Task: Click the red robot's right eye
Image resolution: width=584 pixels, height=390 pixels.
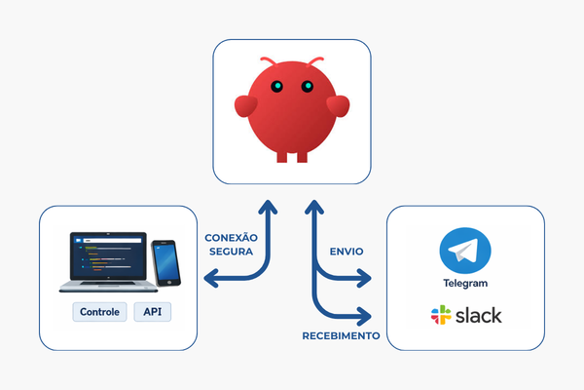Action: pos(306,87)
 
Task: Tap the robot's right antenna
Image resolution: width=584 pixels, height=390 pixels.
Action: pos(315,65)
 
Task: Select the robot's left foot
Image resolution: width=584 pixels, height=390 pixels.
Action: pos(281,156)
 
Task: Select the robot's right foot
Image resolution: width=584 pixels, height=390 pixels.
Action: pos(302,156)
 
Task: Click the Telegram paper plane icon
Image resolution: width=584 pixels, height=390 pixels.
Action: pos(463,252)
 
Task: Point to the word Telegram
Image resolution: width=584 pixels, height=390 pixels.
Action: pos(463,284)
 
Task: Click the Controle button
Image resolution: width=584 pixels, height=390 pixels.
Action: pos(101,312)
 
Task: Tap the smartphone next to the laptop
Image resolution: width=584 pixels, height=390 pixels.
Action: pos(166,264)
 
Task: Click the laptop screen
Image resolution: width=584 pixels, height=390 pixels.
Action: pos(107,257)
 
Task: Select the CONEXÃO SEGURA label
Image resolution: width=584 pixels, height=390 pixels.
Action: pos(231,244)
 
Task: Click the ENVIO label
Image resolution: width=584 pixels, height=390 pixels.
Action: pos(347,251)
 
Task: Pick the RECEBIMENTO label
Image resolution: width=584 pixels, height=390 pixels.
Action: pos(340,335)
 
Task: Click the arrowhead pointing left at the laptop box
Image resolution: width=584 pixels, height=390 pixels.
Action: pos(210,280)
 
